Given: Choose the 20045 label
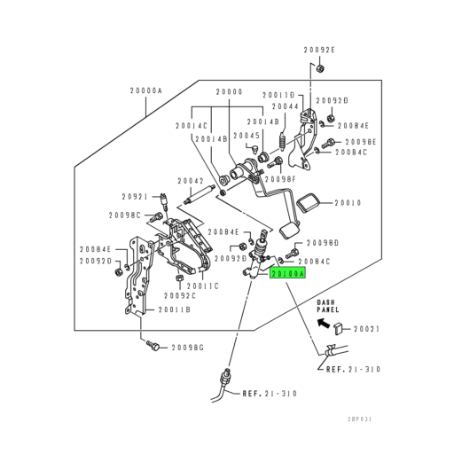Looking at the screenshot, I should (x=247, y=136).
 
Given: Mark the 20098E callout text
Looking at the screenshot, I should (x=361, y=142).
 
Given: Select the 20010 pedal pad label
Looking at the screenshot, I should (x=348, y=203).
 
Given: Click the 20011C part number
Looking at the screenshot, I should (x=204, y=286).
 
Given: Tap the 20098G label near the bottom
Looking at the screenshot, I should (x=189, y=348).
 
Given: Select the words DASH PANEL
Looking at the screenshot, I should (x=329, y=308).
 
